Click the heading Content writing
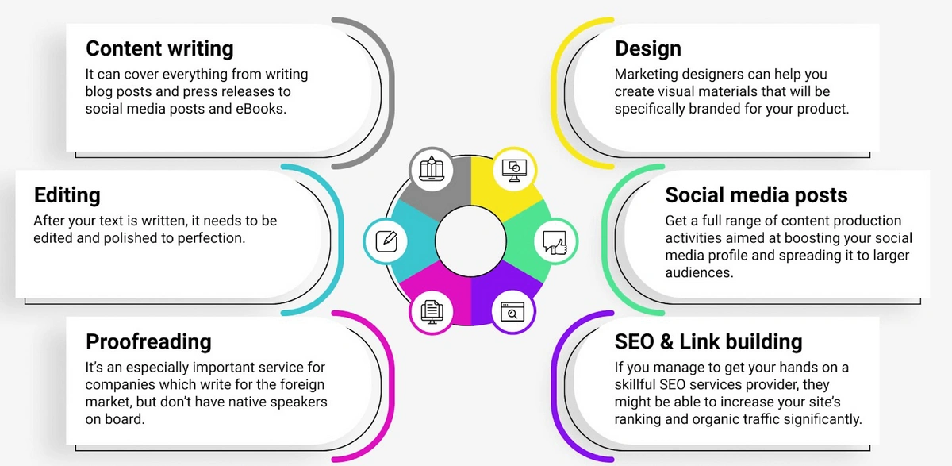159,48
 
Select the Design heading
647,48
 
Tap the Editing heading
67,195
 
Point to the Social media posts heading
756,195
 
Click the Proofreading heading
148,341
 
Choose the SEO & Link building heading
708,341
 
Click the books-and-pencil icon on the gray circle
432,168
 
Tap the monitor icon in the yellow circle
514,170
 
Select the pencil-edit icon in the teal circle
386,241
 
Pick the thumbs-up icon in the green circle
555,242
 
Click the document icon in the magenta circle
432,312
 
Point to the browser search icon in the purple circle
512,311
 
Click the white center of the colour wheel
470,241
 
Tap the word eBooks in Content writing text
260,109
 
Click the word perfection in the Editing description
211,238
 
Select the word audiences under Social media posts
699,272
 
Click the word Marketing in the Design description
647,75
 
